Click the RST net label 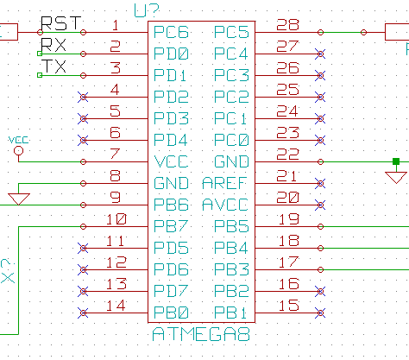click(61, 23)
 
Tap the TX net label click(53, 66)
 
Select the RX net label click(53, 45)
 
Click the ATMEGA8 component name click(201, 334)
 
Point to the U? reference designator click(147, 10)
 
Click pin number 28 click(287, 25)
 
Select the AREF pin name click(224, 183)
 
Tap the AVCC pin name click(225, 205)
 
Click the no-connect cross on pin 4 click(83, 97)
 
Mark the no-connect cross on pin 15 click(320, 313)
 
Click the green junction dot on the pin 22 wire click(396, 161)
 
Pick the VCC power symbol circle click(19, 151)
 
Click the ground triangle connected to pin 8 click(19, 199)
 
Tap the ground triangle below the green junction click(396, 177)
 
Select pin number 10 click(116, 219)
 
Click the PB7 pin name click(171, 226)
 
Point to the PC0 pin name click(231, 140)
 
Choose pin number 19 click(289, 219)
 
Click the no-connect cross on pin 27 click(320, 54)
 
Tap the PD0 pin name click(171, 54)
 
